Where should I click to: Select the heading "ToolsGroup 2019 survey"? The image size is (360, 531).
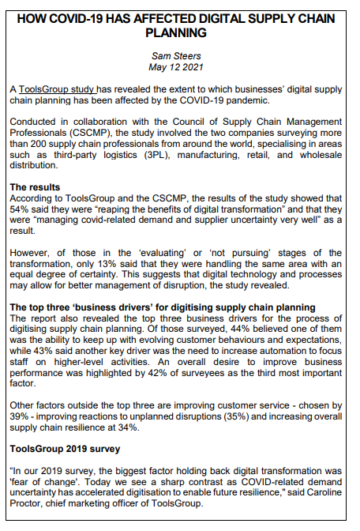66,448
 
